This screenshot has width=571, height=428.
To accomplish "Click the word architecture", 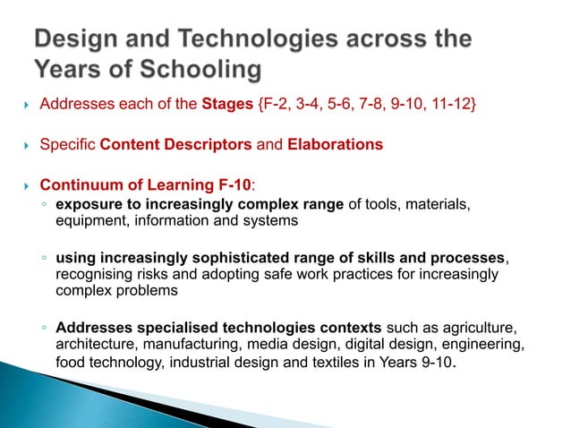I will coord(94,343).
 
